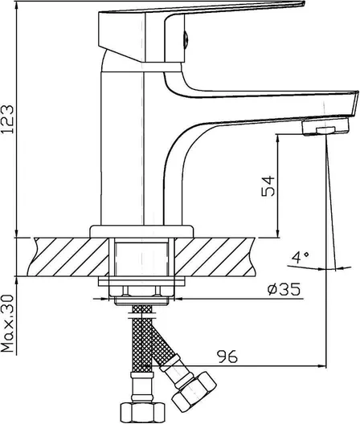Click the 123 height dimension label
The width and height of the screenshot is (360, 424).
[8, 119]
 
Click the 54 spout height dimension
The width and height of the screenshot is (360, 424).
[268, 186]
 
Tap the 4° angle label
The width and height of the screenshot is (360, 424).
[301, 258]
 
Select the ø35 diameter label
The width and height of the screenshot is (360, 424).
[284, 289]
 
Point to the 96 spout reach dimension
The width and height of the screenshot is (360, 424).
[227, 357]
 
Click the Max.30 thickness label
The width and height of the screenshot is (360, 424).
[7, 324]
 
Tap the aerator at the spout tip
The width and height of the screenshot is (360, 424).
[325, 127]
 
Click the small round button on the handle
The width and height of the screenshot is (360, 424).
[186, 39]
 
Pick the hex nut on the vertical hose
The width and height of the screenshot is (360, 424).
[142, 413]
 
